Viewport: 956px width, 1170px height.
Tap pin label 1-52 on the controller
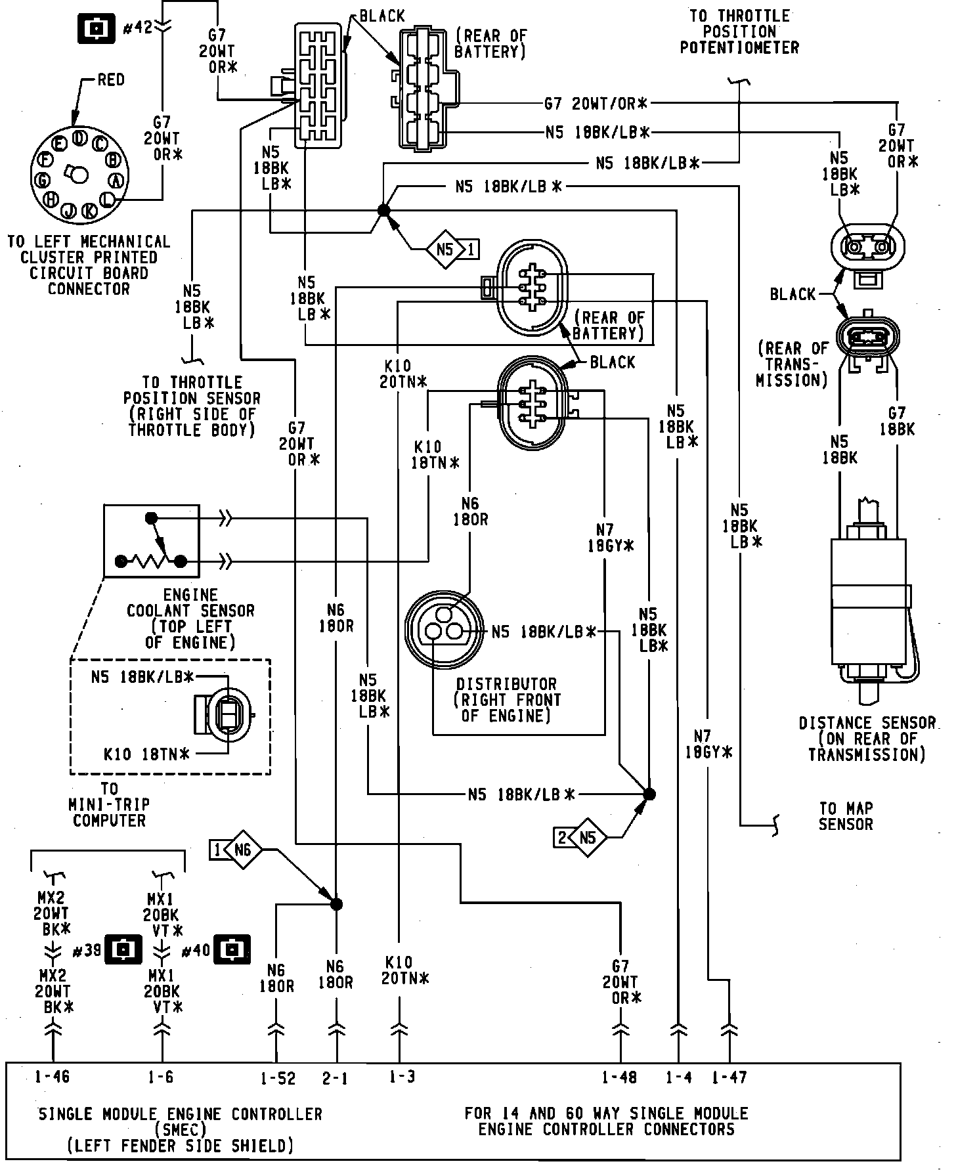point(278,1078)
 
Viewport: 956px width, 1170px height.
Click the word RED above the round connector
point(111,80)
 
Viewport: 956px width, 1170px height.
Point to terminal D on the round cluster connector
point(79,137)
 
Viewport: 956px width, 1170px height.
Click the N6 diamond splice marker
point(242,851)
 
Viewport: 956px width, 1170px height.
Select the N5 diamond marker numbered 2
point(587,837)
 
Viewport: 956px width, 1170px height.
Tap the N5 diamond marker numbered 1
point(446,249)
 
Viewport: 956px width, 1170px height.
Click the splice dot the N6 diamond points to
point(336,905)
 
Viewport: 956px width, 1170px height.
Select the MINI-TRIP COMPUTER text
point(110,812)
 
